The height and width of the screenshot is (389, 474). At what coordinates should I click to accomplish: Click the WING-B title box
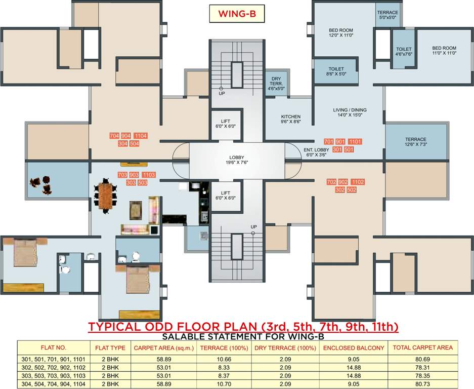pyautogui.click(x=237, y=14)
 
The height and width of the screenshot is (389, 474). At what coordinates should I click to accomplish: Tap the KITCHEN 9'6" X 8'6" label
pyautogui.click(x=290, y=119)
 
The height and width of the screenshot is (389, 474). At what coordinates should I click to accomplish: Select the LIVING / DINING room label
pyautogui.click(x=350, y=112)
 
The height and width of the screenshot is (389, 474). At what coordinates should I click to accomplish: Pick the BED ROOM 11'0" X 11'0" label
pyautogui.click(x=444, y=50)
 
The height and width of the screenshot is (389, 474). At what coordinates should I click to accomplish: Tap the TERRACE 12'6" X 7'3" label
pyautogui.click(x=415, y=142)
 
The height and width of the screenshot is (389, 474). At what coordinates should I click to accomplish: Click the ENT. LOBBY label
pyautogui.click(x=316, y=152)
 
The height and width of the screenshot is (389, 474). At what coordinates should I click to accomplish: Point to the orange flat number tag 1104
pyautogui.click(x=141, y=136)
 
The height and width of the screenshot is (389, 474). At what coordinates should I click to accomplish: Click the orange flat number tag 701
pyautogui.click(x=329, y=141)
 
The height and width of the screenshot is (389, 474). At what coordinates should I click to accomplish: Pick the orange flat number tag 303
pyautogui.click(x=131, y=182)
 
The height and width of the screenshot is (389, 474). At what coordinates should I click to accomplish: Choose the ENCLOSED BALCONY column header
pyautogui.click(x=354, y=348)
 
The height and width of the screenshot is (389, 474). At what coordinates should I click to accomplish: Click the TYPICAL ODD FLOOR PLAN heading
pyautogui.click(x=243, y=327)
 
